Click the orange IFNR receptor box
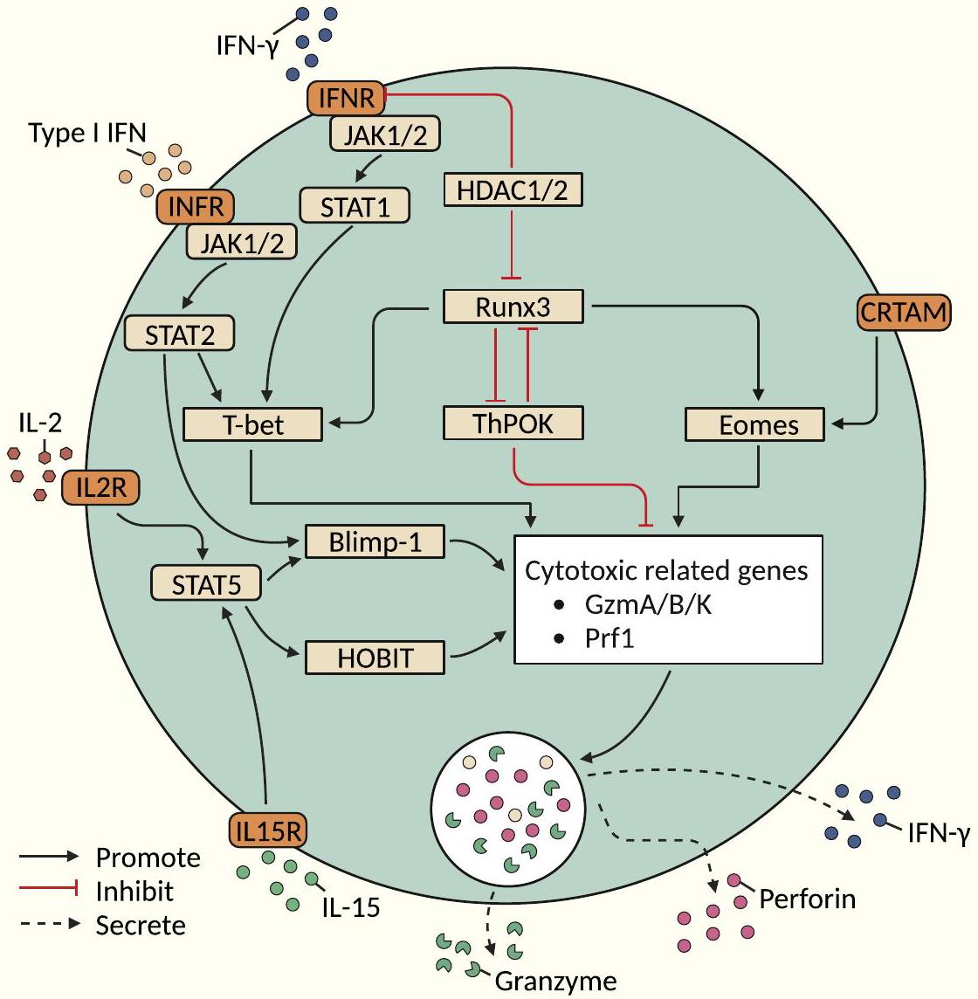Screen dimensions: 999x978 (346, 98)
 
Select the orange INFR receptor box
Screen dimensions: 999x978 (196, 207)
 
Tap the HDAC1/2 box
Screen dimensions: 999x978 (513, 190)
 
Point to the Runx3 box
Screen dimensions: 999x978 (513, 307)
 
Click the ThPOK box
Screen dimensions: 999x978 (513, 424)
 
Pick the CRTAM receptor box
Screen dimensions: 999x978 (902, 312)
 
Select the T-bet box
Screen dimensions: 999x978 (253, 425)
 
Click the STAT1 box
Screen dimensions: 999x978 (355, 206)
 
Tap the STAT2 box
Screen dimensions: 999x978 (179, 334)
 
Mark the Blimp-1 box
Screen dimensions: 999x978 (375, 542)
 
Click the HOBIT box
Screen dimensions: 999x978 (375, 658)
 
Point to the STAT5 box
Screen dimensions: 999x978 (206, 584)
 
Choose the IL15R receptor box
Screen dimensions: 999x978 (268, 831)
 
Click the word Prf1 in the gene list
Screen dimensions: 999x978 (610, 637)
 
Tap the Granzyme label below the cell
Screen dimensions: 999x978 (555, 982)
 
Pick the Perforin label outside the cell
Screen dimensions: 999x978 (807, 899)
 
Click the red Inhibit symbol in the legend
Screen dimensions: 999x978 (48, 891)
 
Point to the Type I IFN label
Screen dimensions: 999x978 (87, 133)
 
